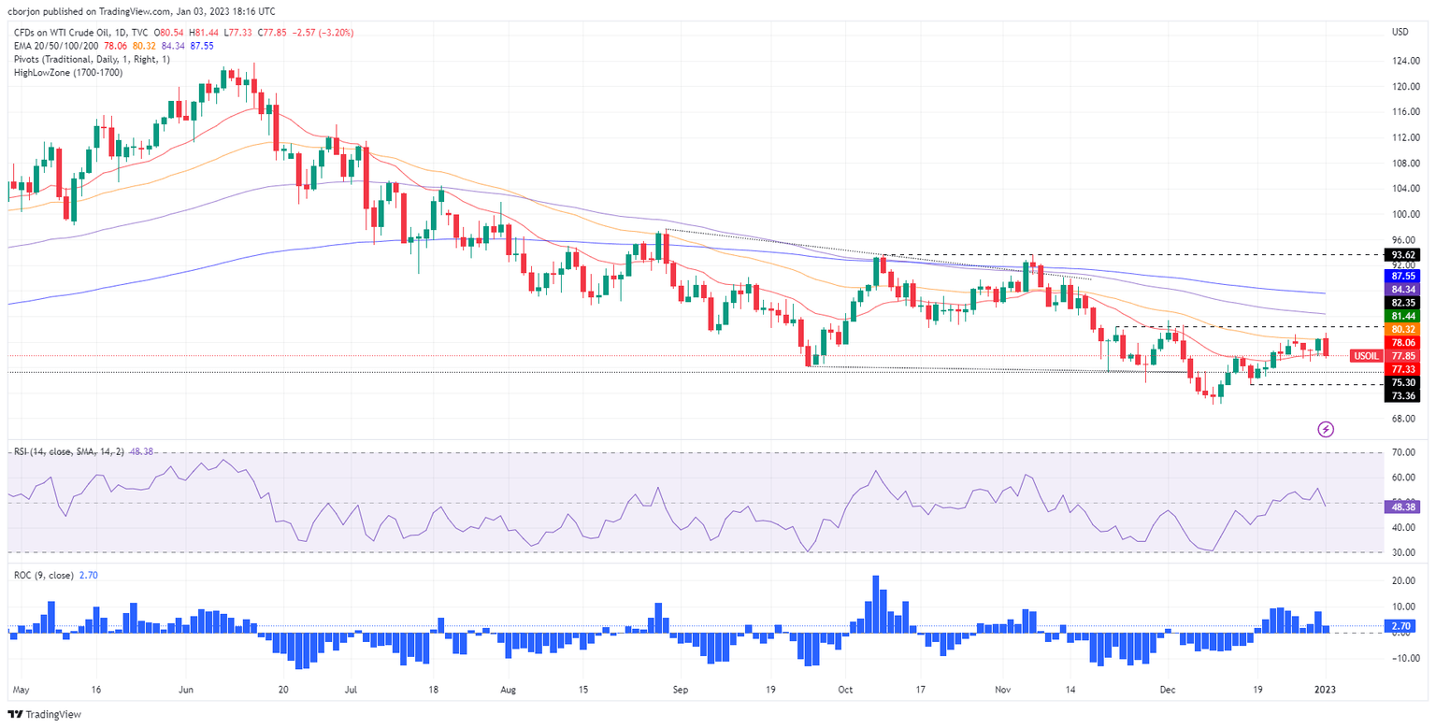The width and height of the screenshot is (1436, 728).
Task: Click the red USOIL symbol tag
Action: click(1366, 356)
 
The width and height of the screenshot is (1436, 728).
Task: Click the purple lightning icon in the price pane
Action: click(1326, 429)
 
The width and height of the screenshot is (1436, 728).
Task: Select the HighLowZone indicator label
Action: click(55, 72)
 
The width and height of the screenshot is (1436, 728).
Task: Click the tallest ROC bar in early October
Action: click(876, 603)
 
